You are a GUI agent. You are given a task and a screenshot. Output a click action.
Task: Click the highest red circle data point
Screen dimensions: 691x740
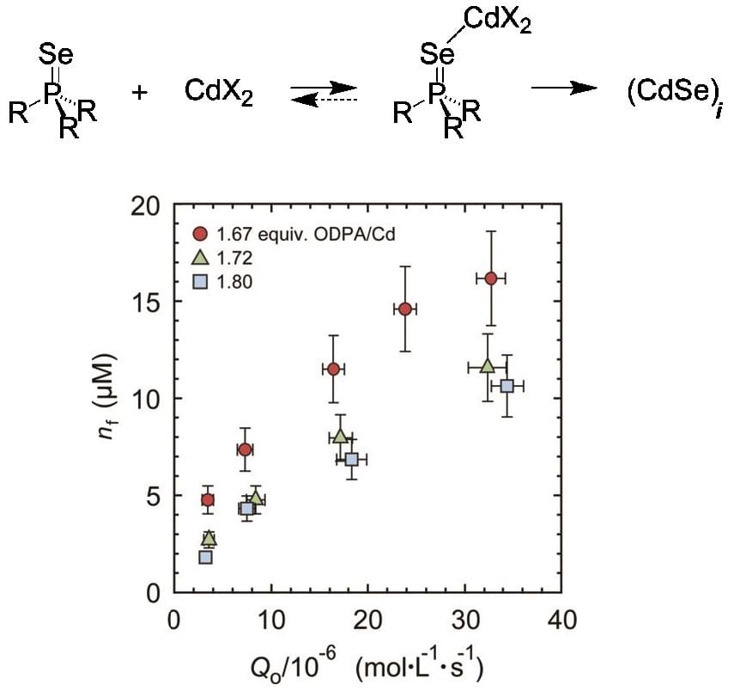491,278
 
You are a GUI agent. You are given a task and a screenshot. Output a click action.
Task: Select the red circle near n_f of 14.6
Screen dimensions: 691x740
406,309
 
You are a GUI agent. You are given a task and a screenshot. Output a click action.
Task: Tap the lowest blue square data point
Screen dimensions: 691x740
205,557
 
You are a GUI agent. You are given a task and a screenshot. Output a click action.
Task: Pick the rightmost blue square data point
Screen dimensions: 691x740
507,386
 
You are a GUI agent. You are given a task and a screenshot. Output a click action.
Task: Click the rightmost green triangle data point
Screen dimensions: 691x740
488,365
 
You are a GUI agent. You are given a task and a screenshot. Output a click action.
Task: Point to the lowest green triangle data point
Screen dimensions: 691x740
209,538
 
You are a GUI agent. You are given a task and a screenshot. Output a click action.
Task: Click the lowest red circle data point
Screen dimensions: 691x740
207,499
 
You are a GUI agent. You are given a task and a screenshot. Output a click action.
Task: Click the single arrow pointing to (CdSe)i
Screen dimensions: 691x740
562,89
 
